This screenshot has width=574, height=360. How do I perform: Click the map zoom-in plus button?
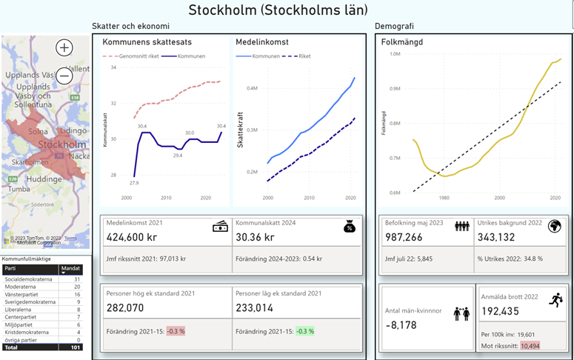pos(64,48)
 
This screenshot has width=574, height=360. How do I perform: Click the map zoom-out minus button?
pos(64,76)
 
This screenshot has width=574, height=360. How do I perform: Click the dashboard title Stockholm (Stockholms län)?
pos(278,10)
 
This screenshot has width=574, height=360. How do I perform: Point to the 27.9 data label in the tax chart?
pos(133,182)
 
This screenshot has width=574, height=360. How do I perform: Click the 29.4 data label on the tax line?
pos(178,156)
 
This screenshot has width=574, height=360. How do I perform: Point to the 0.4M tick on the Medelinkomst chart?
pos(252,88)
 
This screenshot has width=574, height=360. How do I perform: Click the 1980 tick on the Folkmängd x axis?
pos(443,197)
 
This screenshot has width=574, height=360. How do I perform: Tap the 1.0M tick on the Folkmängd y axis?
pos(394,53)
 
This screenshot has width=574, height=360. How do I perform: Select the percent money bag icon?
pos(350,227)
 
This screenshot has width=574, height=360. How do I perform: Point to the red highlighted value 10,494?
pos(530,346)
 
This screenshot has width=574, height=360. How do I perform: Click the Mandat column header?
pos(71,270)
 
